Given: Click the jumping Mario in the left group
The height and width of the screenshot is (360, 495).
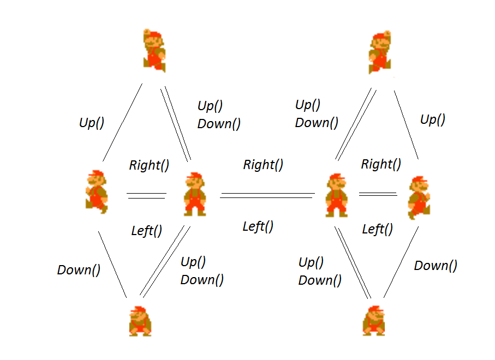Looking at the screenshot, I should [x=154, y=50].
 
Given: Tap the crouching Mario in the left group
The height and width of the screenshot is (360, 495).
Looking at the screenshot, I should [x=140, y=321].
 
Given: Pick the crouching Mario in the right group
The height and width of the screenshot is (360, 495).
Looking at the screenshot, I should [x=374, y=321].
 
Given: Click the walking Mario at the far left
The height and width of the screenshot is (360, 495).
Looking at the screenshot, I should [x=97, y=191].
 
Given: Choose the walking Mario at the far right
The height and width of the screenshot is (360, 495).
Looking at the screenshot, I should [x=419, y=197].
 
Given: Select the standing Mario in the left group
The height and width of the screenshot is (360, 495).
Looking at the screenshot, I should [x=195, y=194].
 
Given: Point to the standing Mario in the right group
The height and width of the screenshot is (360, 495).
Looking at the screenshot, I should [x=336, y=195].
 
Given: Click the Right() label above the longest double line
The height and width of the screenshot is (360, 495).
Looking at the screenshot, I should [x=263, y=164].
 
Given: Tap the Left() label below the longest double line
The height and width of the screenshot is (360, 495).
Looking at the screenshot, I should [x=258, y=226].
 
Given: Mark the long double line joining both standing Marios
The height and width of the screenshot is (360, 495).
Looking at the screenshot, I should [x=267, y=195].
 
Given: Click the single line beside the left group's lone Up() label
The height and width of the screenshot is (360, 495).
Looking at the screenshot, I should [x=122, y=123].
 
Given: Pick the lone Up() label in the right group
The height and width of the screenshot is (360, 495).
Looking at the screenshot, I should [x=432, y=119].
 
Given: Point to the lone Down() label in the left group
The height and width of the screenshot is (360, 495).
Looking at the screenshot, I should [x=79, y=269].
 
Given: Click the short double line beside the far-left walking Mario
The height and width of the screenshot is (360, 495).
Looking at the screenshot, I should [x=146, y=195].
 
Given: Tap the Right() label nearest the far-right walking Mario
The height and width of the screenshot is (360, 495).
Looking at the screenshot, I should [x=381, y=164].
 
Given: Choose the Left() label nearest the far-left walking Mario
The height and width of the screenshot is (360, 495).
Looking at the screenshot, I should [x=147, y=231].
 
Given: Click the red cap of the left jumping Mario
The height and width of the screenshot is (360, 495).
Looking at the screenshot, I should [x=154, y=34].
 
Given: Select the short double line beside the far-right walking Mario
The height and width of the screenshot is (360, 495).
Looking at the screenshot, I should [x=378, y=194].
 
